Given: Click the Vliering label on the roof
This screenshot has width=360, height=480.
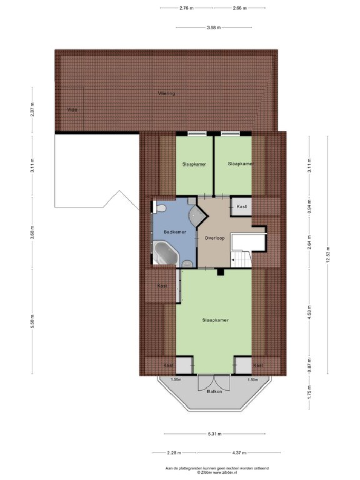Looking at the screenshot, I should pos(166,94).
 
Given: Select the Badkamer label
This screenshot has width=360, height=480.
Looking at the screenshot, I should pos(173,232).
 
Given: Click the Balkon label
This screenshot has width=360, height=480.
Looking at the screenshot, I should pos(214,391).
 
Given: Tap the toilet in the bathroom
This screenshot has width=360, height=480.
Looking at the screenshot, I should pos(159,208).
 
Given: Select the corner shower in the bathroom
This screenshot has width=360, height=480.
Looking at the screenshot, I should pos(196,216).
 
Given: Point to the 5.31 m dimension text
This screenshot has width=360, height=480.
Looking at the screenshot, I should pos(214,434).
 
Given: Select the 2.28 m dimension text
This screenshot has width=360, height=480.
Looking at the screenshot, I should pos(175,453).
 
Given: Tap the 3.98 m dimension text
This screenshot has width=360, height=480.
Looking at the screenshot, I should pos(214,27).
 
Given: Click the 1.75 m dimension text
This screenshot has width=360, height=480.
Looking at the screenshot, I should pos(309,394).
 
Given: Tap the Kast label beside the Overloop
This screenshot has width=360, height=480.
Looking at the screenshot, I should pos(241,206).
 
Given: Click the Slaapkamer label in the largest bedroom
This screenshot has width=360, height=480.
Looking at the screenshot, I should pos(215,320).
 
